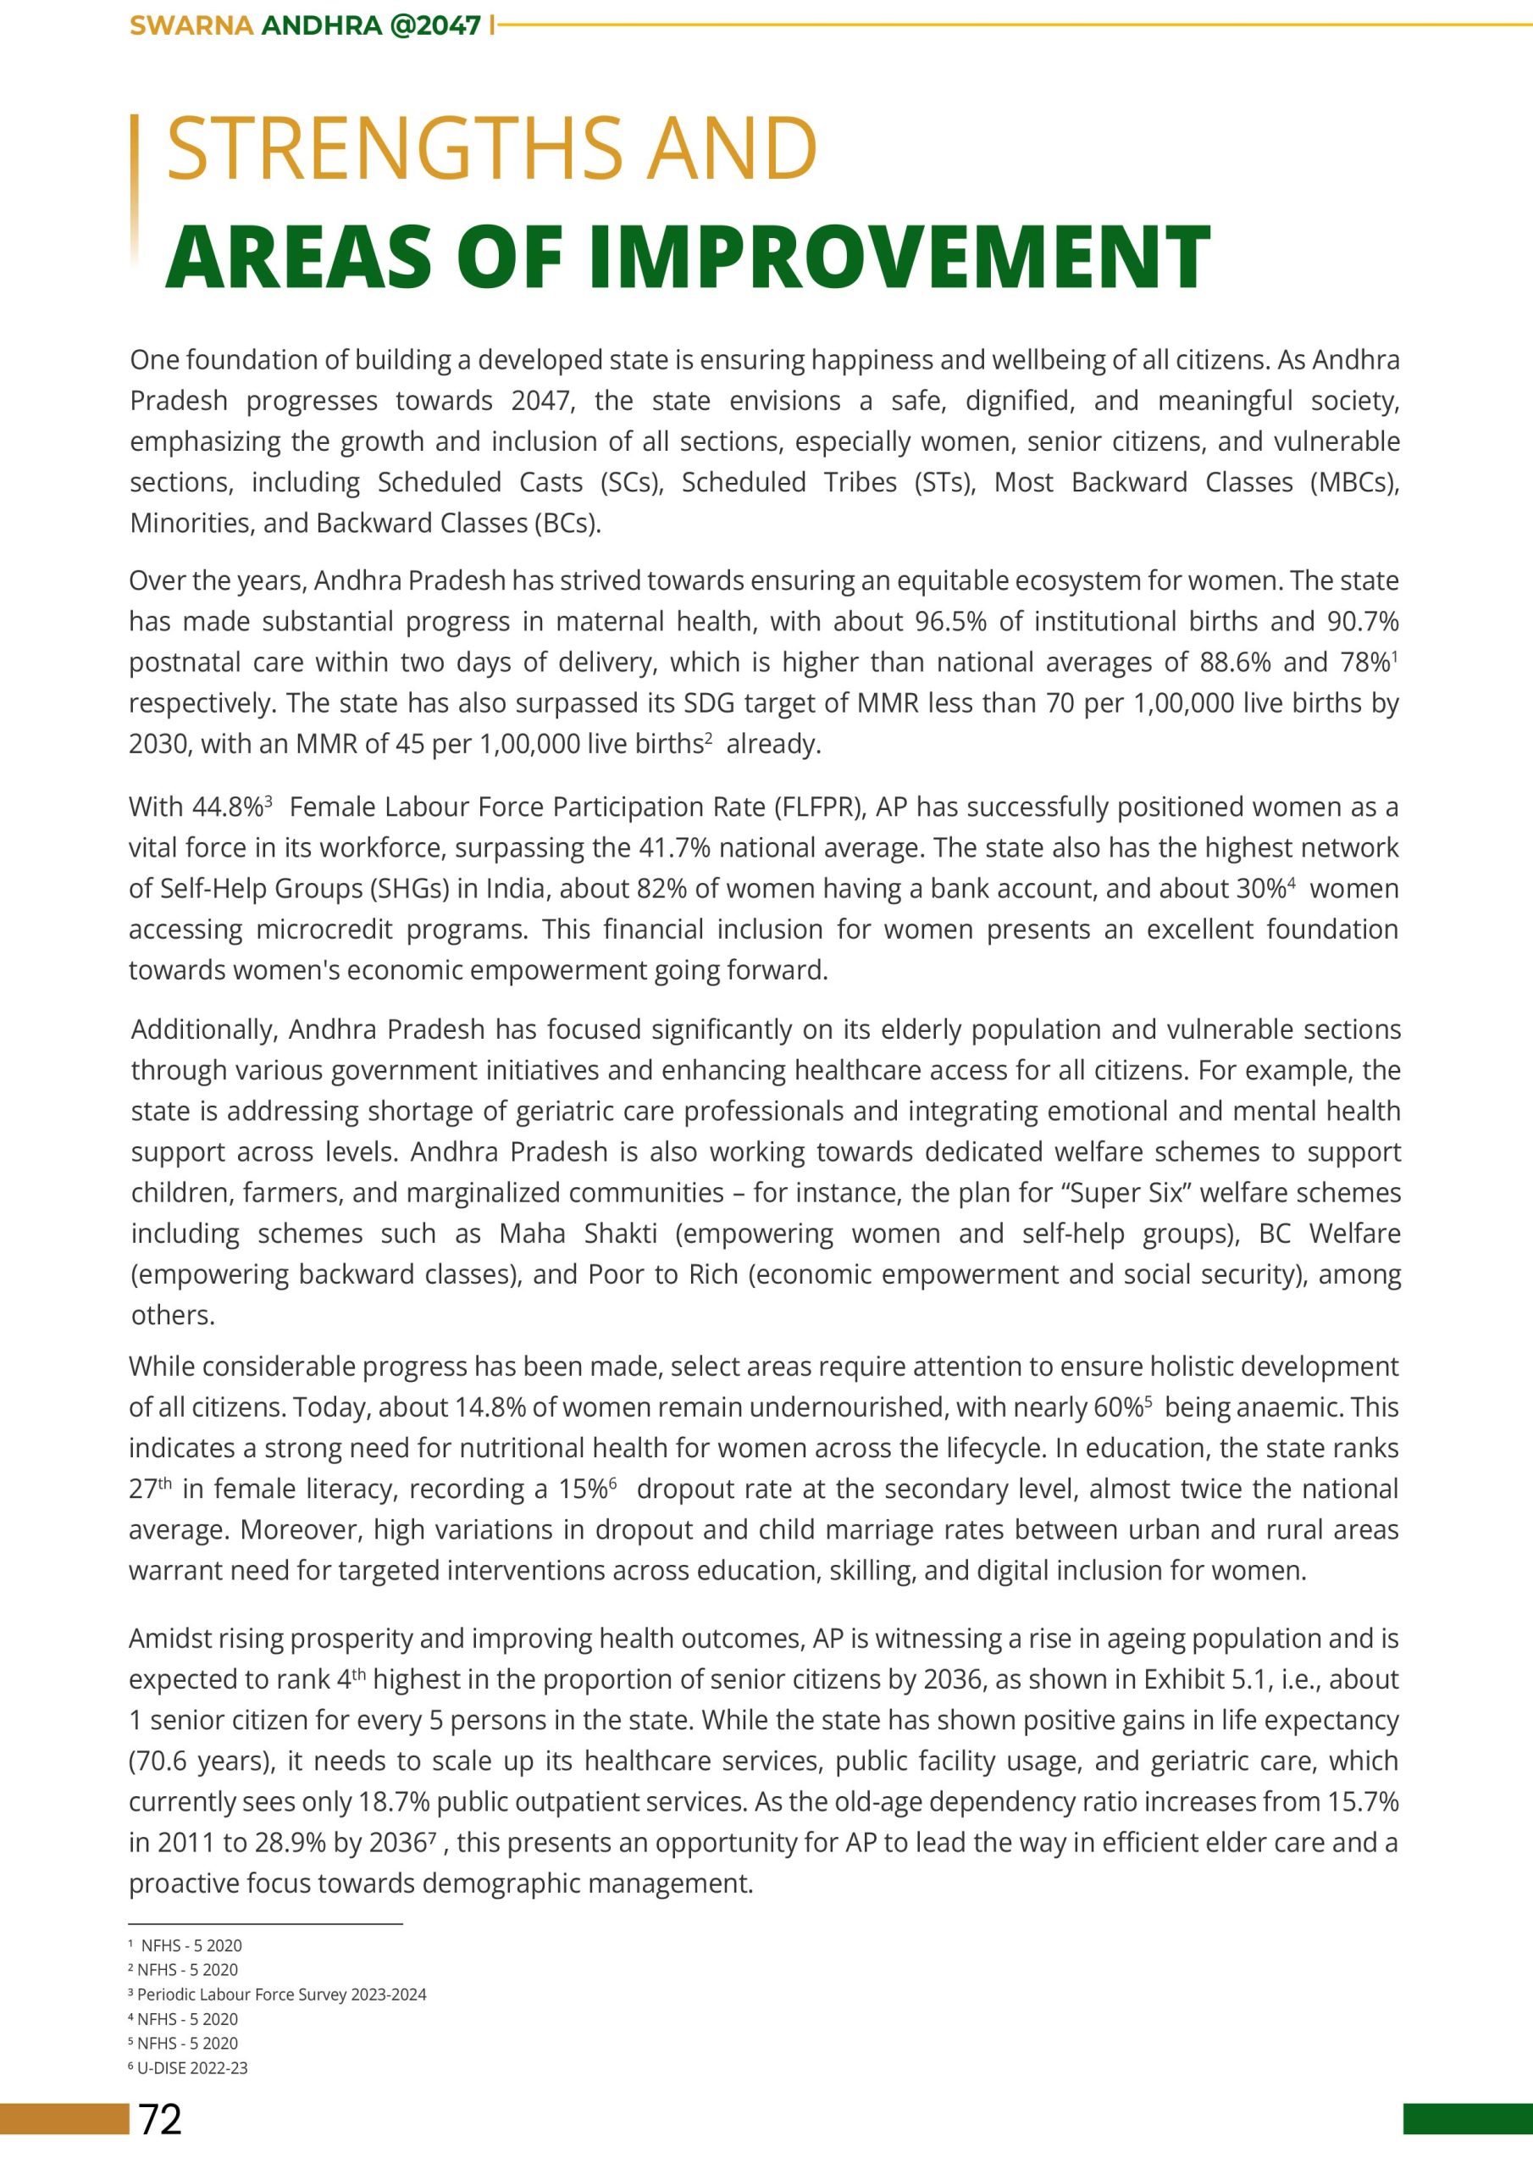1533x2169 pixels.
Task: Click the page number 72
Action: point(161,2121)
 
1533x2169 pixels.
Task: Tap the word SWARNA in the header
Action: point(191,25)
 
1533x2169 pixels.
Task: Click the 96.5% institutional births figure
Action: point(951,622)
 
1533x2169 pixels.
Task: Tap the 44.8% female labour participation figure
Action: point(228,807)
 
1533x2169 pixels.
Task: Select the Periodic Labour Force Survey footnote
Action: point(281,1995)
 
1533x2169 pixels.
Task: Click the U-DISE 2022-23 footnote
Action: point(193,2069)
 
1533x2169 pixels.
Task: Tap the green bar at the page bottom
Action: point(1467,2119)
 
